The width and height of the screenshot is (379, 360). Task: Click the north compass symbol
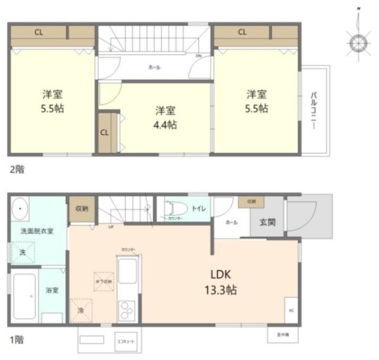tap(358, 43)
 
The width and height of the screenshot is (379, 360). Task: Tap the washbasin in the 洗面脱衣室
tap(21, 209)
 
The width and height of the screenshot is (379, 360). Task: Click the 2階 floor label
tap(17, 168)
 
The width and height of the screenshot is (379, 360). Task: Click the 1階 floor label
tap(17, 340)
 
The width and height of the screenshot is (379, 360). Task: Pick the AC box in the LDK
tap(291, 310)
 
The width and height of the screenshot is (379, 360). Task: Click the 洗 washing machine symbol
tap(22, 252)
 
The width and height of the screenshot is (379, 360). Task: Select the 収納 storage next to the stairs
tap(82, 209)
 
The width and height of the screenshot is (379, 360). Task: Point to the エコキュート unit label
tap(126, 342)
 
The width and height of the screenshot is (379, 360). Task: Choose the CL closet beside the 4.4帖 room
tap(105, 132)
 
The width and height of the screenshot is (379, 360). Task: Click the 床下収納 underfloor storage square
tap(102, 281)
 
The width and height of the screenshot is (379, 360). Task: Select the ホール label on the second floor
tap(155, 67)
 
